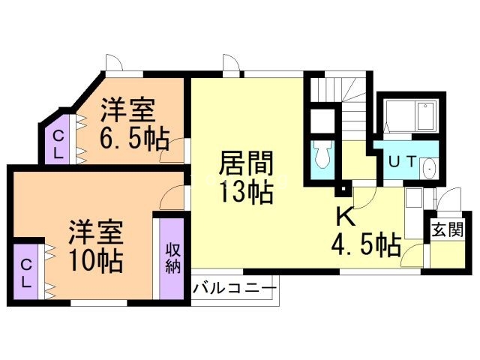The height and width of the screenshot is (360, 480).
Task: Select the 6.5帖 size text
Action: tap(133, 139)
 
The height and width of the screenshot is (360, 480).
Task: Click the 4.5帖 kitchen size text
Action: tap(365, 244)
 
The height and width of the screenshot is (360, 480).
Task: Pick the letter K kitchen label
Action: tap(344, 217)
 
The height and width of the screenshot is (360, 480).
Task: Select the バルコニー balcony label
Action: tap(235, 288)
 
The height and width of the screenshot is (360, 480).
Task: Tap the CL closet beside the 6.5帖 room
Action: tap(57, 142)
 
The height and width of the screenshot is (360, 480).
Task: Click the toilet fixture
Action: tap(322, 156)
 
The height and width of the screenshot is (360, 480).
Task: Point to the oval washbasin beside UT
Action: tap(429, 169)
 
